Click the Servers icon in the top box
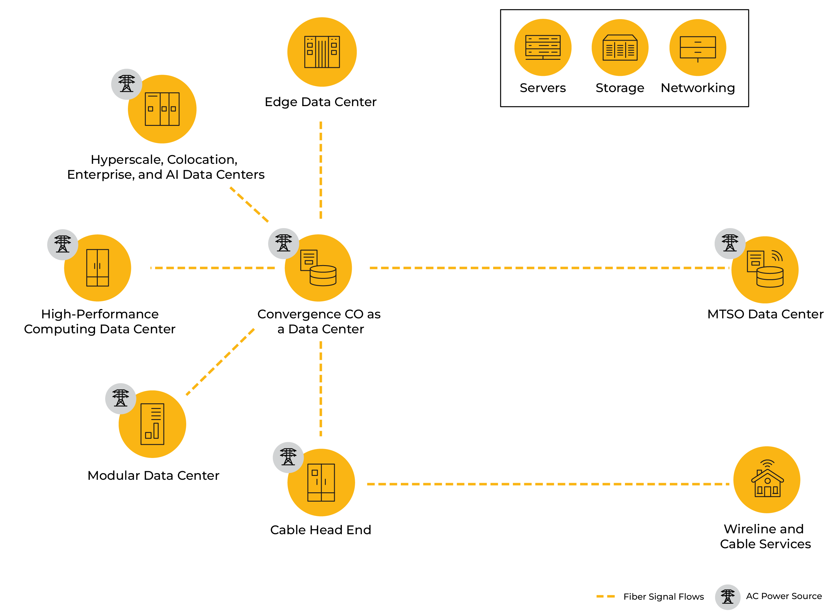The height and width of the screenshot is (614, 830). pos(543,48)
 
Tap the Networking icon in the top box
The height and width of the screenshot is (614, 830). pos(698,48)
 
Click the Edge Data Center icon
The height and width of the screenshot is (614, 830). pos(322,52)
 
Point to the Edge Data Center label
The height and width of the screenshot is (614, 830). pos(320,102)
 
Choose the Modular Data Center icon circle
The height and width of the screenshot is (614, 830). pos(152,424)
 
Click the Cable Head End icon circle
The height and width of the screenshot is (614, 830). pos(321,482)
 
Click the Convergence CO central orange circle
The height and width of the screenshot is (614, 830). pos(318,268)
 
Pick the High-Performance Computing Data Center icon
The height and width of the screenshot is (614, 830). pos(97,268)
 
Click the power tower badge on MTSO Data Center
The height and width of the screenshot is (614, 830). pos(730,243)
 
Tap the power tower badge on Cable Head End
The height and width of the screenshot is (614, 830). pos(288,457)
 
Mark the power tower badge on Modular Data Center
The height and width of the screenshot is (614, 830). pos(120,398)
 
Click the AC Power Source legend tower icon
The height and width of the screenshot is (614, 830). pos(727,597)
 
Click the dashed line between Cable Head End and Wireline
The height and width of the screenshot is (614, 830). pos(548,484)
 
